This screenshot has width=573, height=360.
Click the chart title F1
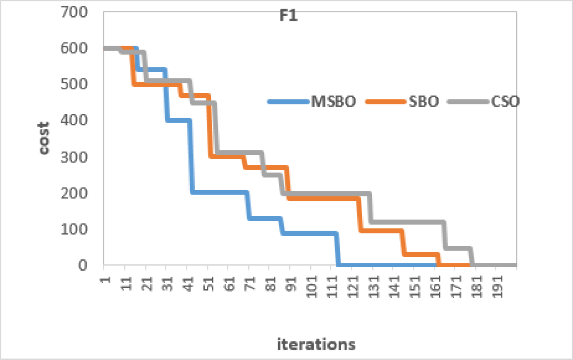coord(288,15)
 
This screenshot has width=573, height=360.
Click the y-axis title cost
coord(44,138)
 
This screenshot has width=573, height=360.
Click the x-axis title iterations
coord(316,344)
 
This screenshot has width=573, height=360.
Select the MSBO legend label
coord(333,102)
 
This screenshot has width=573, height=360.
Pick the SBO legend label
coord(424,102)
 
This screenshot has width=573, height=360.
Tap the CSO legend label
coord(505,102)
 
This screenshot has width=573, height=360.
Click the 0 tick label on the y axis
coord(83,265)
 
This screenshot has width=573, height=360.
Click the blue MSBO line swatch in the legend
coord(288,102)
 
